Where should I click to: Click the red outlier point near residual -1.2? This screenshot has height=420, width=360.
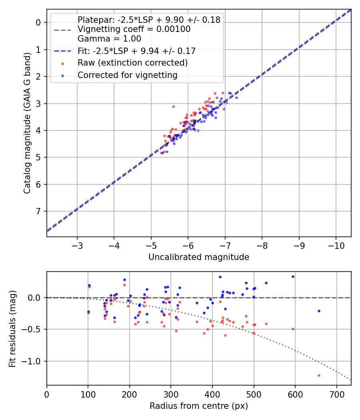319,375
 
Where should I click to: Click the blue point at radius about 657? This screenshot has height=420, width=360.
319,311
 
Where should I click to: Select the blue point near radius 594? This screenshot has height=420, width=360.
293,276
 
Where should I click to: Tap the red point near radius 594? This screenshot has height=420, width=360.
293,329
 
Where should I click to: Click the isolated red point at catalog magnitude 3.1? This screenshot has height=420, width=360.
173,106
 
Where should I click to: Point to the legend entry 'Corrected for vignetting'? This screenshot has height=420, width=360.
127,75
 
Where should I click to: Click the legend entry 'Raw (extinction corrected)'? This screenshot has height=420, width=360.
132,63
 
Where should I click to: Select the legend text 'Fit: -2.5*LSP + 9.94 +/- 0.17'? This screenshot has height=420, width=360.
136,51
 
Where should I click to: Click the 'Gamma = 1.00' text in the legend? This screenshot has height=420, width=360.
109,39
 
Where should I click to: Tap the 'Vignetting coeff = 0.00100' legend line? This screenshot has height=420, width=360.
134,29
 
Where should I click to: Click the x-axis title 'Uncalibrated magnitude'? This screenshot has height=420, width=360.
199,257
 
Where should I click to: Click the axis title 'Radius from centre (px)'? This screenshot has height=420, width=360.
199,406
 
